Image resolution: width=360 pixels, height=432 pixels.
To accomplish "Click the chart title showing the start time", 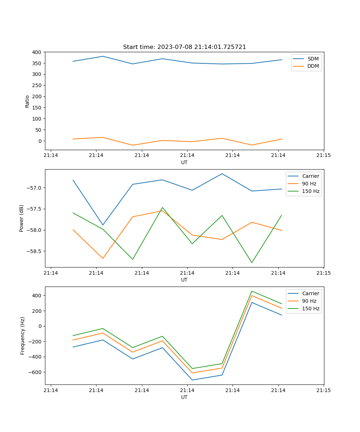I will [x=184, y=47].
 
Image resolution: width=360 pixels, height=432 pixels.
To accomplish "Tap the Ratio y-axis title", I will [x=27, y=101].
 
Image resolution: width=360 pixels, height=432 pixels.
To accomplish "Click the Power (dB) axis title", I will [x=22, y=218].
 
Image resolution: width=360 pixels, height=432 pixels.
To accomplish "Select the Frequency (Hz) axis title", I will [x=22, y=336].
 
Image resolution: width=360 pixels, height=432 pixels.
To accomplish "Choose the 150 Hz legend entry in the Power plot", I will [x=311, y=191].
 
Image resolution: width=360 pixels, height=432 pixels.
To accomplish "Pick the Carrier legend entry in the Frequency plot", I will [x=310, y=293].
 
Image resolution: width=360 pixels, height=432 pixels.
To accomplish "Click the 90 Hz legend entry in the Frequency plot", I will [x=309, y=301].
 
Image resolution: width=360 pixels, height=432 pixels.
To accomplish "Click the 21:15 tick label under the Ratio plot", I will [x=324, y=156].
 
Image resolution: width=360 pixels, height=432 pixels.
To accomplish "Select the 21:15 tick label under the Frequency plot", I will [x=324, y=390].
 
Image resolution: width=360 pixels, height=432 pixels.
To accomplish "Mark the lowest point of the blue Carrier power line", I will [x=103, y=225].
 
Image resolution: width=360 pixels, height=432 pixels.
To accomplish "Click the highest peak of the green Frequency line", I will [x=252, y=291].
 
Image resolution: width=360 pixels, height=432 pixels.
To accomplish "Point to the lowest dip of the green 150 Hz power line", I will [x=252, y=262].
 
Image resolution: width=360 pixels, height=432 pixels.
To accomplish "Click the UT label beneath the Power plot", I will [x=184, y=280].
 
